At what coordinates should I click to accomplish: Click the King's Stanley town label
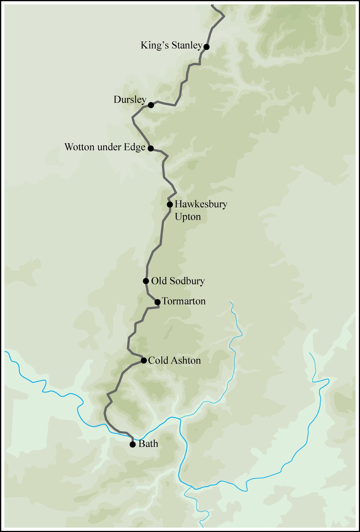[171, 45]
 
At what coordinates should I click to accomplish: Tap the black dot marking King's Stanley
[207, 47]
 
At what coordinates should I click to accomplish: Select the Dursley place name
[130, 100]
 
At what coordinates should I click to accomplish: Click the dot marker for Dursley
[151, 105]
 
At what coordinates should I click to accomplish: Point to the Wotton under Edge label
[105, 147]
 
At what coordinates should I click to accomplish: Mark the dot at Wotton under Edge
[150, 148]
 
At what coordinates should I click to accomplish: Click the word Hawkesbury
[201, 204]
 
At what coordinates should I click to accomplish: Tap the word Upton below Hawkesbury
[188, 217]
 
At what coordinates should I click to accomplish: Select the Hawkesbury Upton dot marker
[170, 204]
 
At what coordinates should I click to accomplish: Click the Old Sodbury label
[178, 281]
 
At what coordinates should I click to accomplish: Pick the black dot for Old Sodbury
[146, 281]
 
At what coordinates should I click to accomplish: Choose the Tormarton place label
[184, 301]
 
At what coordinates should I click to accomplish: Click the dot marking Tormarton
[157, 302]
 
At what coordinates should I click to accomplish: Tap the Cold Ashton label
[174, 360]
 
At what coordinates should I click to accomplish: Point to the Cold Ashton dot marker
[144, 360]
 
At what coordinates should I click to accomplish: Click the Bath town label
[148, 444]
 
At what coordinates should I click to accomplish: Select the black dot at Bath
[133, 444]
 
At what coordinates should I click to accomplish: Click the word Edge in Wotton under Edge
[134, 147]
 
